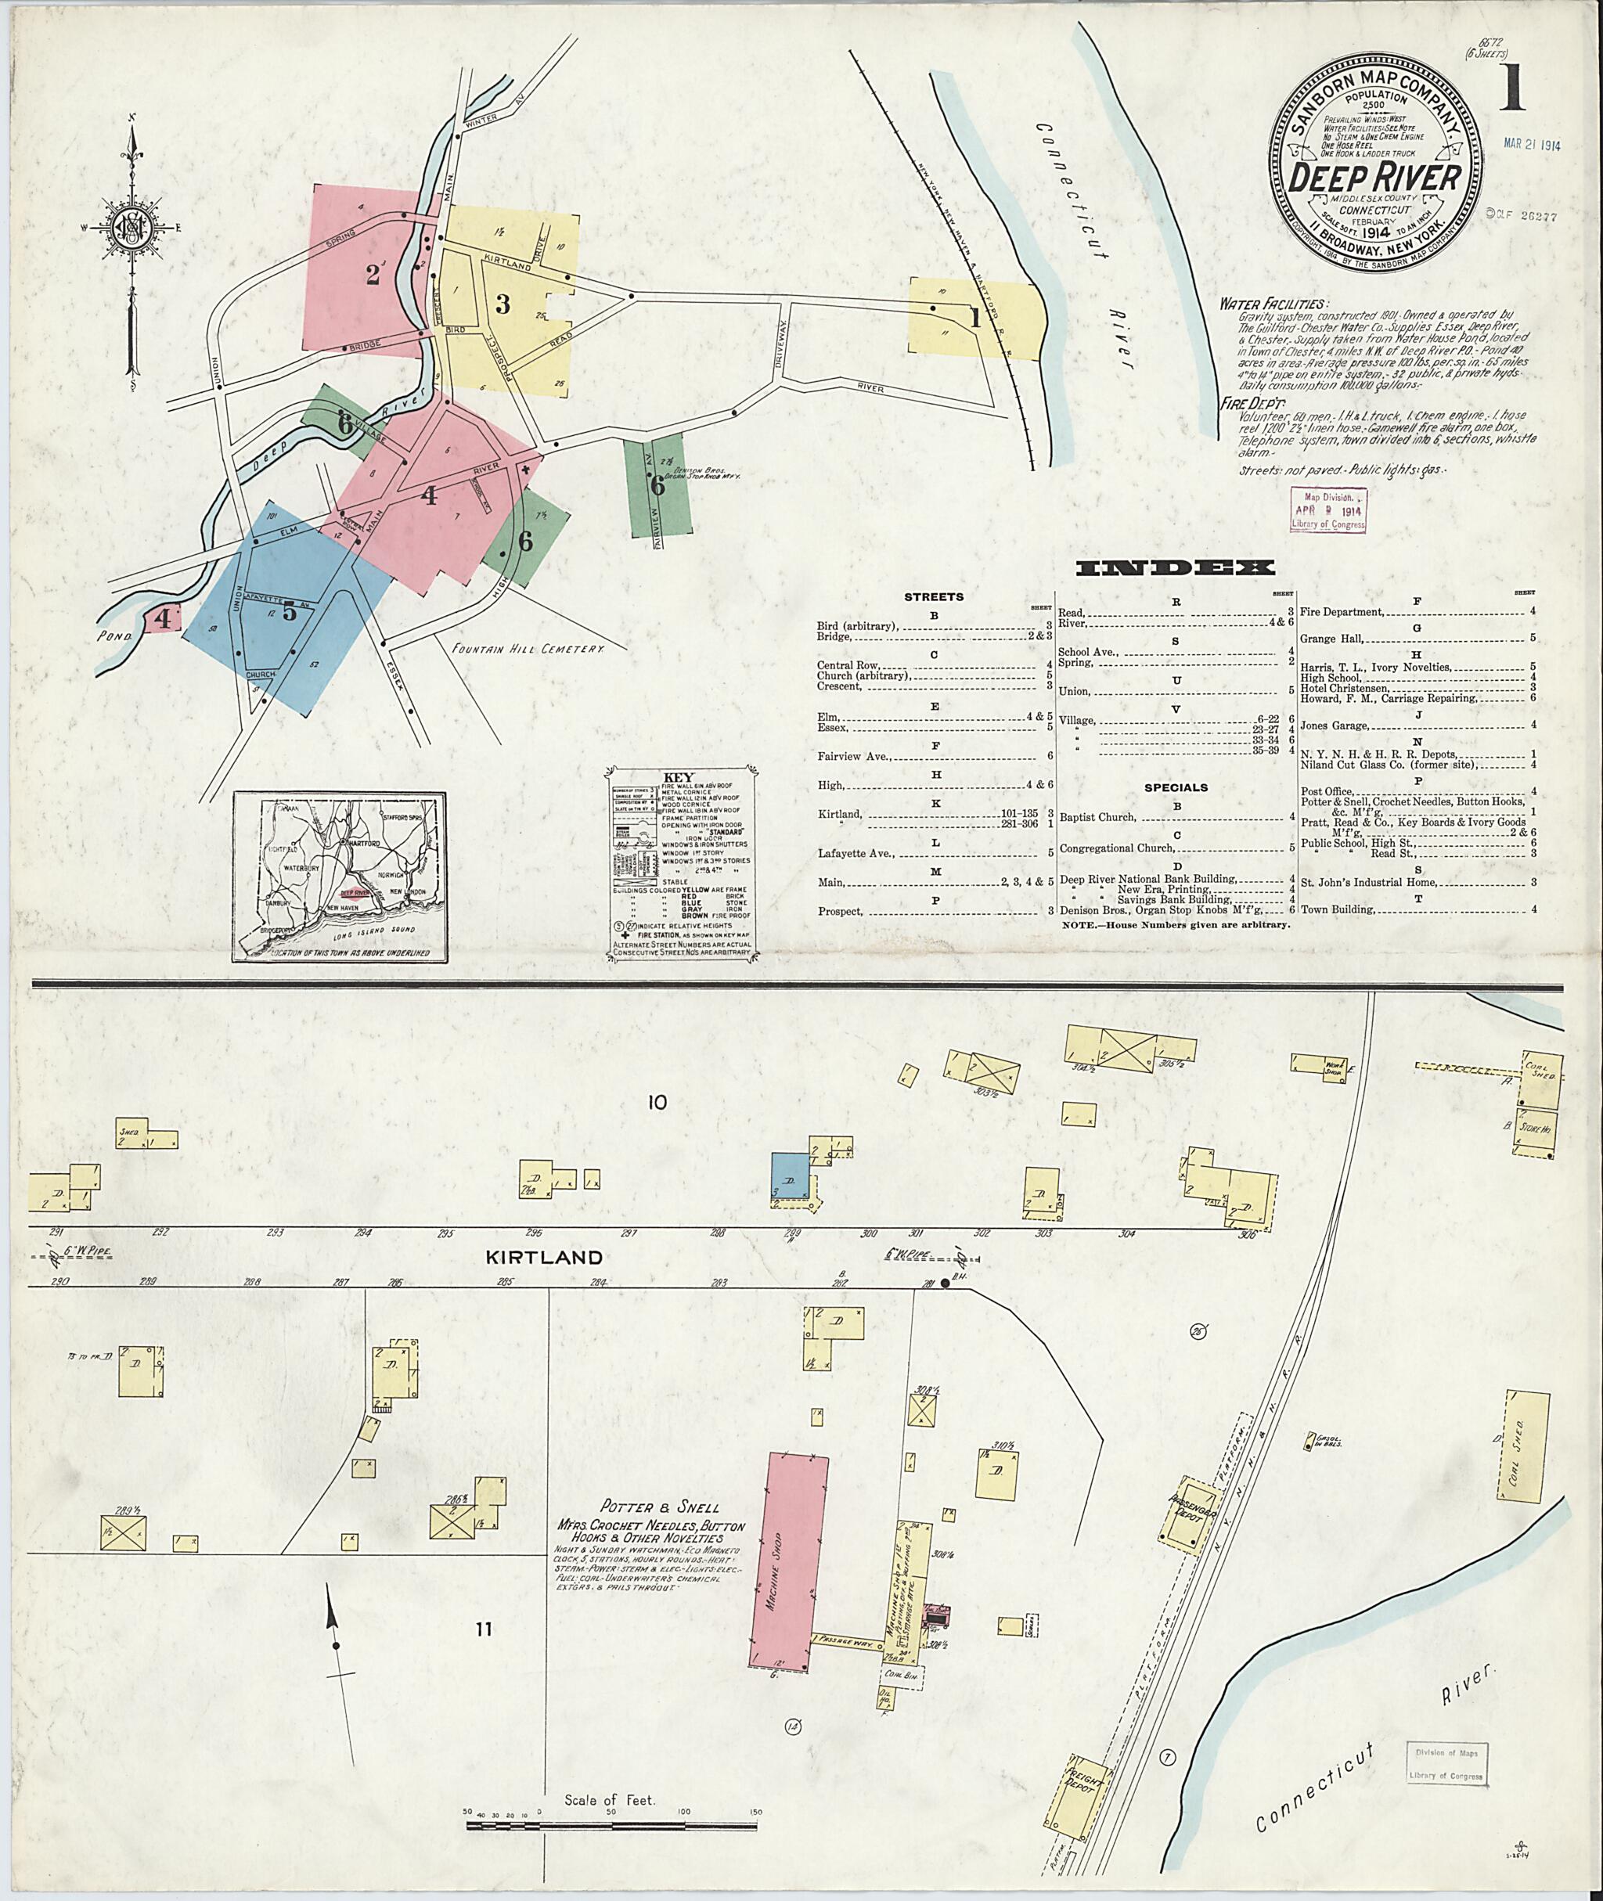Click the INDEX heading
point(1174,569)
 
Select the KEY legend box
point(679,862)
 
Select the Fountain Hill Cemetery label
point(527,650)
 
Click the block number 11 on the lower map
point(482,1629)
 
